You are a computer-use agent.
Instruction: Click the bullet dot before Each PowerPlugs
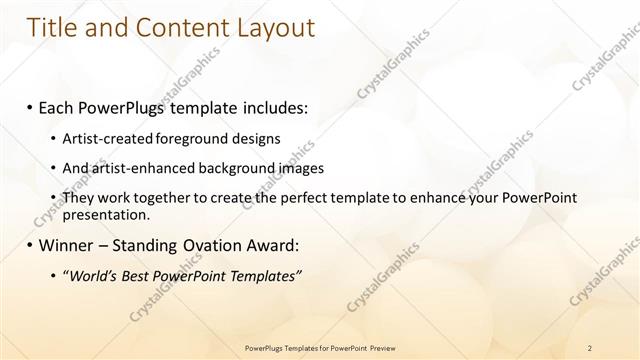31,106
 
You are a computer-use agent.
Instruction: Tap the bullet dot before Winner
31,245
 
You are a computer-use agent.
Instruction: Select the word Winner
66,245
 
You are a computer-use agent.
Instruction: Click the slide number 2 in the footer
590,348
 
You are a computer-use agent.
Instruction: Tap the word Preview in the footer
382,348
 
